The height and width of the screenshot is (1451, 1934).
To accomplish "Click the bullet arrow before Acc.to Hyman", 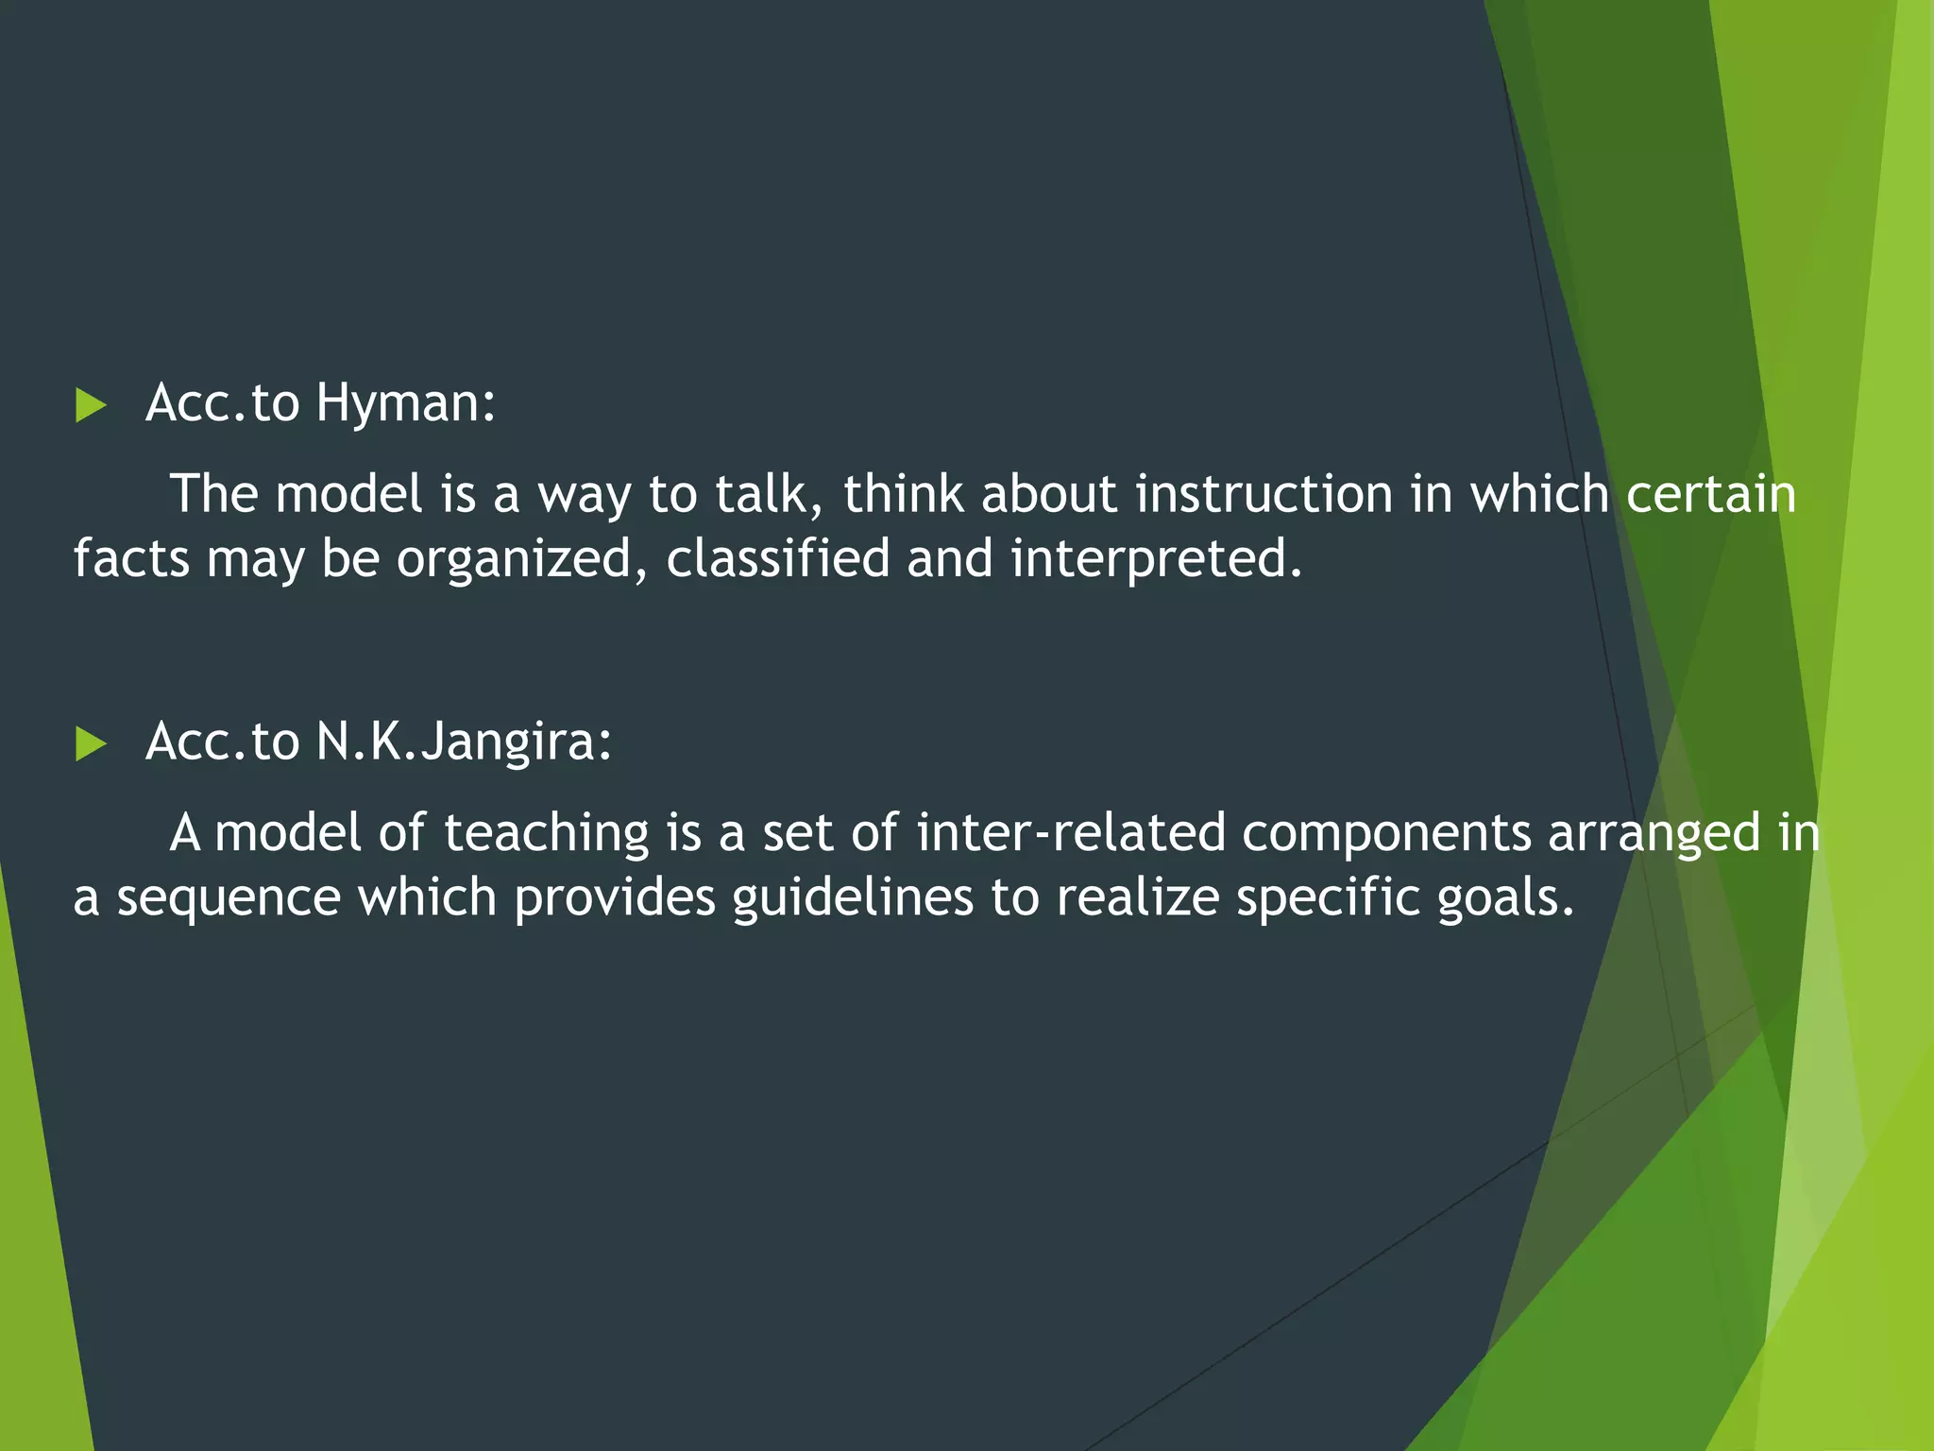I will (91, 405).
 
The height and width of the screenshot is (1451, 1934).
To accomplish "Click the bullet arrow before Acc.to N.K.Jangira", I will (91, 743).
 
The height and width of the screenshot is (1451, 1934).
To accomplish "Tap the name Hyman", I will (405, 403).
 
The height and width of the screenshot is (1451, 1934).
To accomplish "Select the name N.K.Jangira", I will (463, 742).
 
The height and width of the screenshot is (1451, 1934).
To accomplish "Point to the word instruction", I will (1264, 494).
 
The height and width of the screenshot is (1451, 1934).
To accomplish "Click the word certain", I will (1710, 494).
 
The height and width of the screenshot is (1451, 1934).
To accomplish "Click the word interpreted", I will (1155, 559).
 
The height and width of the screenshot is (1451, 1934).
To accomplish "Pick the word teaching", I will (546, 833).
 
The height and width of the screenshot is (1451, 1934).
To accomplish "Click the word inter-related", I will (1070, 832).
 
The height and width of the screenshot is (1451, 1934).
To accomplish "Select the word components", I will (1385, 834).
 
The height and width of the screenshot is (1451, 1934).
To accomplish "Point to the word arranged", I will (1654, 834).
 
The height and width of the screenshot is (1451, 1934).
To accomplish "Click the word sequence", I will (228, 898).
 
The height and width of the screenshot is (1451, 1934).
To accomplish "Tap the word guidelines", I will (852, 897).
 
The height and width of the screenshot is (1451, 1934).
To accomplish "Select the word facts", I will (131, 558).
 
